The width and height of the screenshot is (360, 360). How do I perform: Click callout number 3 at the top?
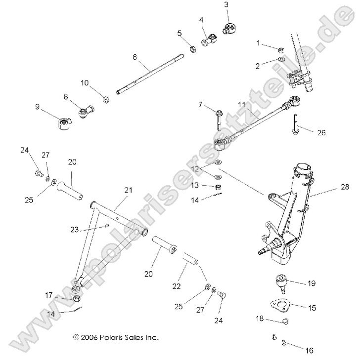coord(226,5)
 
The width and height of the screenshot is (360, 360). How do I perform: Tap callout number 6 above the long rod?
coord(135,57)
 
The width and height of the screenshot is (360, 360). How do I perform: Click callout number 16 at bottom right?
coord(310,351)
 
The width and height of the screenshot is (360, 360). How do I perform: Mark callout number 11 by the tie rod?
coord(241,105)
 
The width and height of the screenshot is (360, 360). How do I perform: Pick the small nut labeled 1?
coord(280,50)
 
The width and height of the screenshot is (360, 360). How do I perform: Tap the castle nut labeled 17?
coord(76,299)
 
